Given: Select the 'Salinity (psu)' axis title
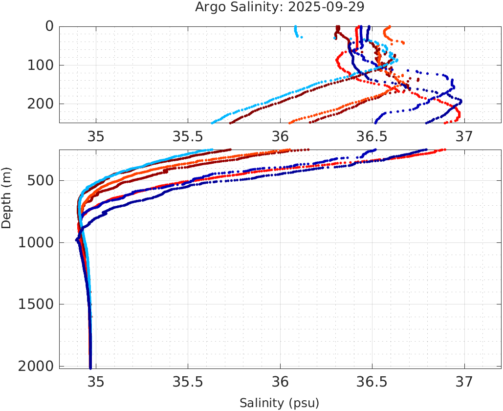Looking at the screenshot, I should pos(279,403).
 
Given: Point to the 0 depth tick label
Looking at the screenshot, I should pos(49,26).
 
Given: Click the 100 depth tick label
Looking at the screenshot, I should pos(41,65).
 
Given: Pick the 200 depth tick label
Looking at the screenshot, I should pos(41,104).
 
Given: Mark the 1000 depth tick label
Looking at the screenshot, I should pos(36,243).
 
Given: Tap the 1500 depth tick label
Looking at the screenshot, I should pos(36,304).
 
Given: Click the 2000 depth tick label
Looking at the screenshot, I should pos(36,366).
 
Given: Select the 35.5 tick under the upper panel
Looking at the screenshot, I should pos(188,136).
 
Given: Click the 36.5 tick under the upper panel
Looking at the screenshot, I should pos(372,136).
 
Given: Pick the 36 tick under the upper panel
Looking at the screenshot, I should pos(280,136).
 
